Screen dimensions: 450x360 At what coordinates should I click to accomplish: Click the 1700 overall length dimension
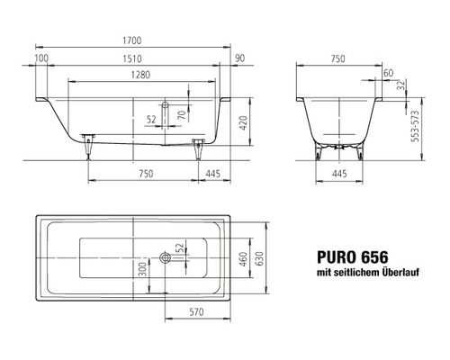pos(132,40)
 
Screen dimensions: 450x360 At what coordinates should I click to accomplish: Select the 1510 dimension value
pos(132,58)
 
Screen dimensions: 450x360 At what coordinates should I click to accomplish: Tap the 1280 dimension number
pos(140,75)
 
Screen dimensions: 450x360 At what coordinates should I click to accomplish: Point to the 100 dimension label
pos(41,58)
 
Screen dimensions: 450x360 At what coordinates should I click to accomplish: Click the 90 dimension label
pos(239,58)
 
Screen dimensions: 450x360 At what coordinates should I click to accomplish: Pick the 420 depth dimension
pos(243,122)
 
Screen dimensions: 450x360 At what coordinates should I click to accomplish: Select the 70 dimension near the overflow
pos(182,114)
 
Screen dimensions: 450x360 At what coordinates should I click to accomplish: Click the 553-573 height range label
pos(415,126)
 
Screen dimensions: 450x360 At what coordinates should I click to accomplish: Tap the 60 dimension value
pos(388,73)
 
